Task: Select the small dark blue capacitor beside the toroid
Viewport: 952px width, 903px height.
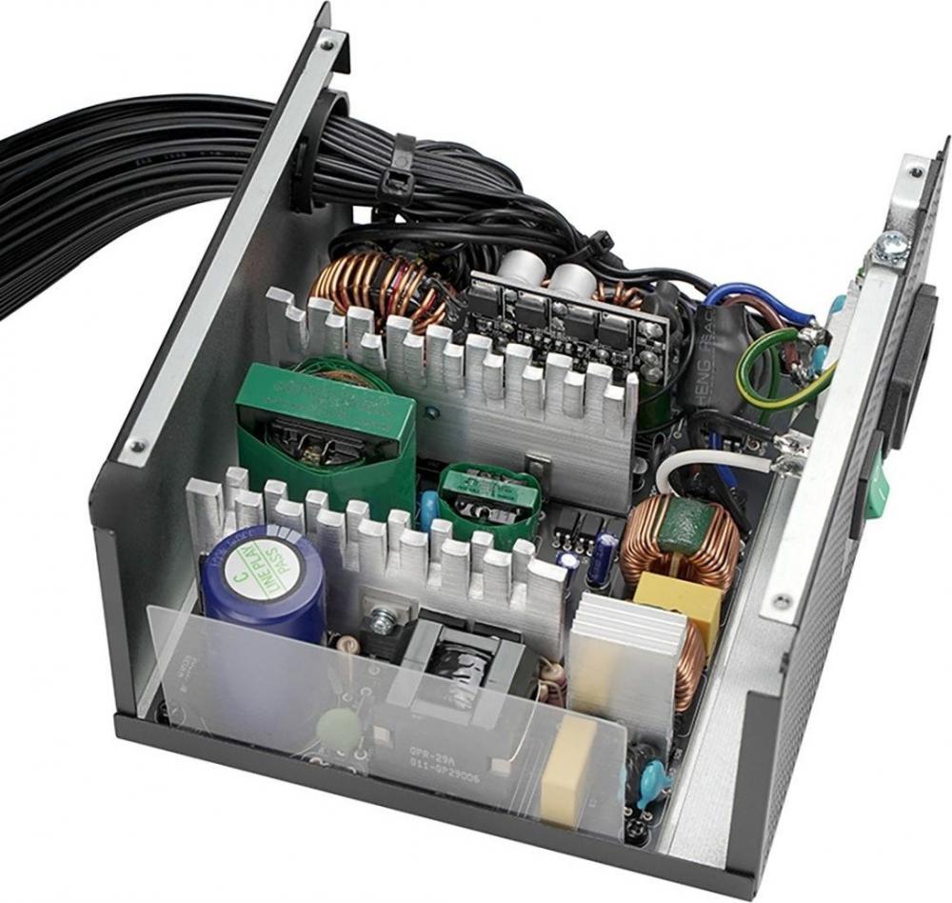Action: tap(602, 557)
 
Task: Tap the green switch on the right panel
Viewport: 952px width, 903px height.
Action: tap(877, 491)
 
